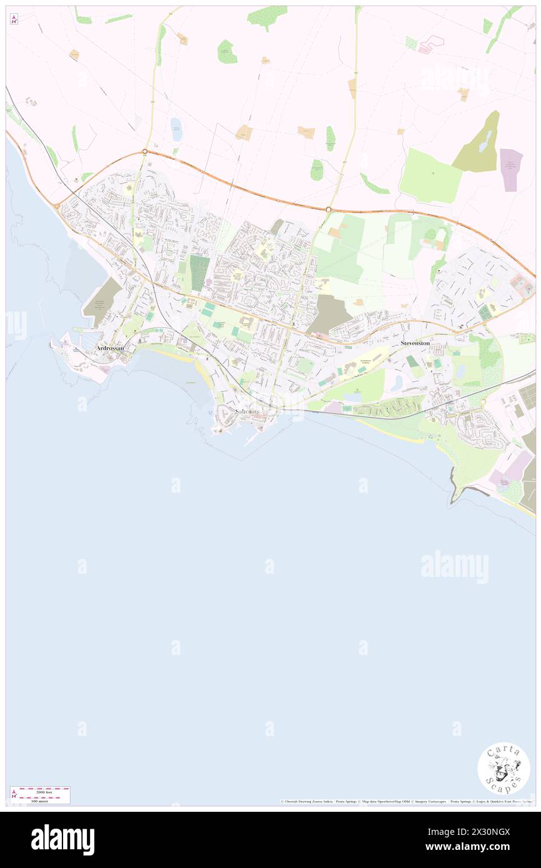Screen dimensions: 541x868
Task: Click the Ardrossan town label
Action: [x=110, y=348]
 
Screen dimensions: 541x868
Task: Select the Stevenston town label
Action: [x=415, y=343]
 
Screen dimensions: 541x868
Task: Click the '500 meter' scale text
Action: [x=40, y=799]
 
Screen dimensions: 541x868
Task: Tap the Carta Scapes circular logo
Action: [x=504, y=768]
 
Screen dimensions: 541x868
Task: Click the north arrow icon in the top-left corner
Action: [x=14, y=19]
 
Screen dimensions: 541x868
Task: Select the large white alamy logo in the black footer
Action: [x=63, y=840]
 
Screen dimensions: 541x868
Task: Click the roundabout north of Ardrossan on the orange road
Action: [x=145, y=152]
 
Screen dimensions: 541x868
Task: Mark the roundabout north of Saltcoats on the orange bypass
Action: [x=329, y=210]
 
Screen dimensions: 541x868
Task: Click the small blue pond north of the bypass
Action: [x=177, y=129]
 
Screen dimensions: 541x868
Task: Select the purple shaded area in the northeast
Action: [x=511, y=170]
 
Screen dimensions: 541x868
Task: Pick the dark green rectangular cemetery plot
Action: [x=199, y=273]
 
